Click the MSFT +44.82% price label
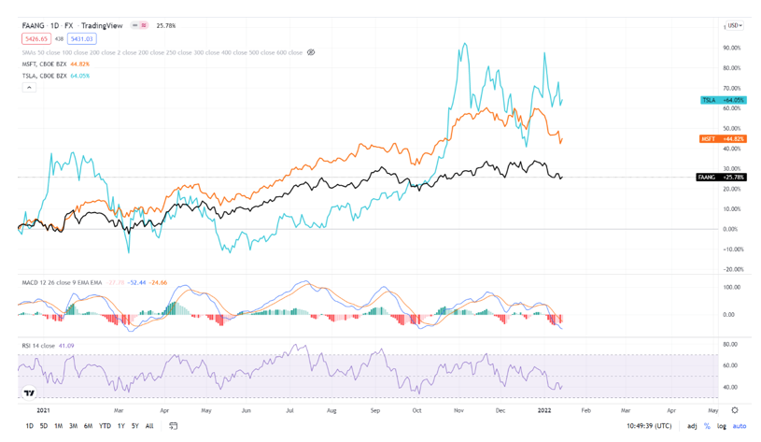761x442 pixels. pos(723,138)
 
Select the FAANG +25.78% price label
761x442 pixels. pos(722,178)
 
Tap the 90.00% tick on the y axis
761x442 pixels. pos(731,48)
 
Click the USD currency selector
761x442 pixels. pos(734,26)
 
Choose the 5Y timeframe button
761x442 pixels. pos(135,426)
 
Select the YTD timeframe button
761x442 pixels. pos(105,426)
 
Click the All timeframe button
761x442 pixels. pos(149,426)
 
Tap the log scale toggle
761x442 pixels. pos(722,426)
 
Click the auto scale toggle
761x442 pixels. pos(740,426)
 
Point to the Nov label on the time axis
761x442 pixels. pos(458,410)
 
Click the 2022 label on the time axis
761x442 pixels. pos(544,410)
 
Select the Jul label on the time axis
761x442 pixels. pos(290,410)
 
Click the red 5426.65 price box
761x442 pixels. pos(36,39)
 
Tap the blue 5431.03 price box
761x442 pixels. pos(81,39)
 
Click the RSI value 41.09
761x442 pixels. pos(66,346)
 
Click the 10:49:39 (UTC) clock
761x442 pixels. pos(648,426)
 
